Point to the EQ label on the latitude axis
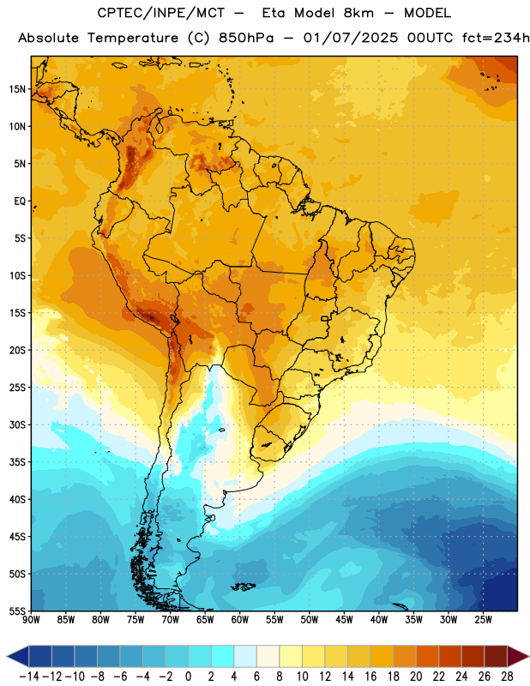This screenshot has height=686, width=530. click(20, 202)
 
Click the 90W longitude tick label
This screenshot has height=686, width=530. click(31, 620)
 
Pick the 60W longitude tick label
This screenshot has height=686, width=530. click(239, 620)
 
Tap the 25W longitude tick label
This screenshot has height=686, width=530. click(483, 620)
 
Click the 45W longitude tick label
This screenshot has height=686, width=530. click(344, 620)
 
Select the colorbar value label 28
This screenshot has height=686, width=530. click(506, 677)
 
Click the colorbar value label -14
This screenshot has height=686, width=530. click(29, 677)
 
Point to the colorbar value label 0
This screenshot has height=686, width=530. click(188, 677)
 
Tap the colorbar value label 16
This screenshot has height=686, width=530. click(370, 677)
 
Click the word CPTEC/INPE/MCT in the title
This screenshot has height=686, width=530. click(160, 13)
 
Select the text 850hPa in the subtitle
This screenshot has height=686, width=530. click(246, 38)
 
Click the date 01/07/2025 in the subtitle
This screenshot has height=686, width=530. click(351, 38)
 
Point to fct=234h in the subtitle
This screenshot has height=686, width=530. click(496, 38)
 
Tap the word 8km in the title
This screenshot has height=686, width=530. click(358, 13)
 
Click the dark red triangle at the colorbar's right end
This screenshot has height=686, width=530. click(518, 657)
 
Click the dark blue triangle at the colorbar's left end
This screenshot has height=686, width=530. click(18, 657)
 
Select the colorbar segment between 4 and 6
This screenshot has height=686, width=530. click(245, 657)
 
